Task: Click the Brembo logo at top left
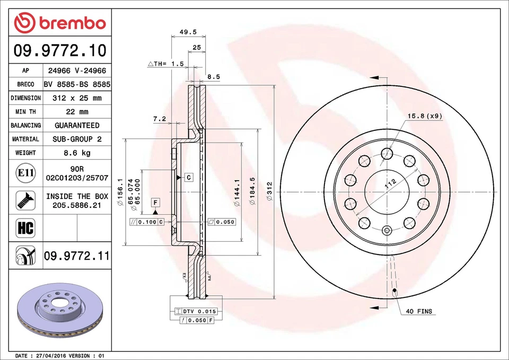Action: click(60, 22)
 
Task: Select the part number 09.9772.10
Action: click(60, 51)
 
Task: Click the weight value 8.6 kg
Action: click(77, 153)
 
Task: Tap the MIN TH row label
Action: click(25, 112)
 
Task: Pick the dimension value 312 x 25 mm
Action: click(77, 98)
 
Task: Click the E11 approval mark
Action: click(25, 173)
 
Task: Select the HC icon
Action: click(25, 229)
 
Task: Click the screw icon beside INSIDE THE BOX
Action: click(25, 199)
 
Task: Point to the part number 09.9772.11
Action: click(77, 256)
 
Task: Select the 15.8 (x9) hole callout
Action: click(425, 116)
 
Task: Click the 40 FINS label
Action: click(419, 311)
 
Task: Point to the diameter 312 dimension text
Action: click(269, 191)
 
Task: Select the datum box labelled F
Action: click(155, 202)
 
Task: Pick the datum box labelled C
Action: click(188, 178)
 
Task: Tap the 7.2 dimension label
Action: click(160, 119)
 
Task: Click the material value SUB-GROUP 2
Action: click(77, 139)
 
